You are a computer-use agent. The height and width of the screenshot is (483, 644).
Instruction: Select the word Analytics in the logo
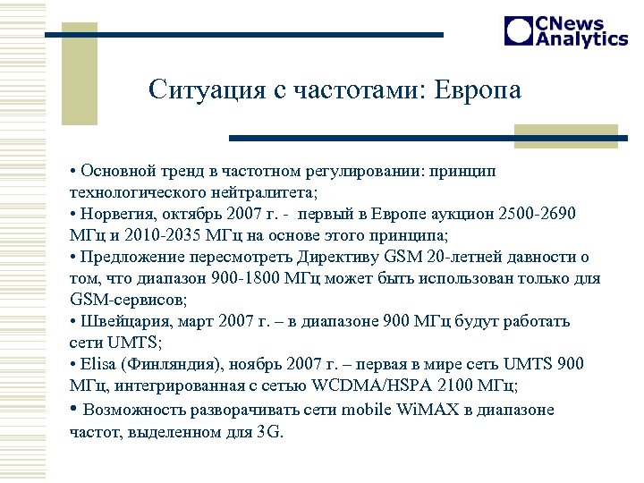click(581, 39)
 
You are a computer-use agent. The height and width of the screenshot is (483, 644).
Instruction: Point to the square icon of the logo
click(519, 31)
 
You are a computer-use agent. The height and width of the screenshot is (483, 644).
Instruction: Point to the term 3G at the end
click(267, 431)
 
